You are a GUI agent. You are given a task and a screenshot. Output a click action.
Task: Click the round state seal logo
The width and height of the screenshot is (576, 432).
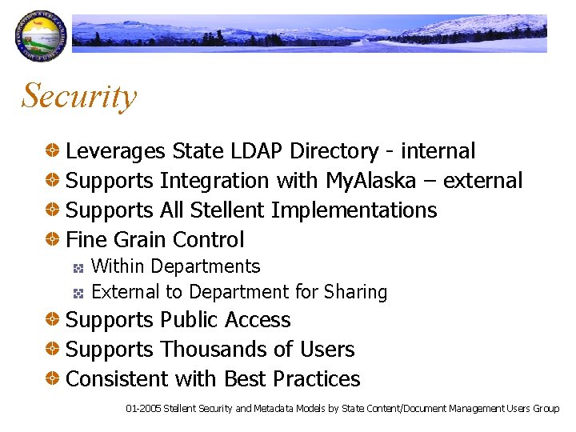point(37,37)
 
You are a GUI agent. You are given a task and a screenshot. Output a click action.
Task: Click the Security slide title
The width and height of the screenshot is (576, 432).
point(79,96)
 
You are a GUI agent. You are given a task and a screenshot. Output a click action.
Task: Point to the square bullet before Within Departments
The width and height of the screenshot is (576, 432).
point(79,267)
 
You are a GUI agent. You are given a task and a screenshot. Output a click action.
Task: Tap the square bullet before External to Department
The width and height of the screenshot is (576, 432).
point(79,294)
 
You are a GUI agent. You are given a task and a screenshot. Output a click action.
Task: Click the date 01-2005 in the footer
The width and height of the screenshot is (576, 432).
point(143,409)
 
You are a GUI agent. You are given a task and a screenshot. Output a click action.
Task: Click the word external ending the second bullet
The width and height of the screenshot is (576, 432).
point(482,181)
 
